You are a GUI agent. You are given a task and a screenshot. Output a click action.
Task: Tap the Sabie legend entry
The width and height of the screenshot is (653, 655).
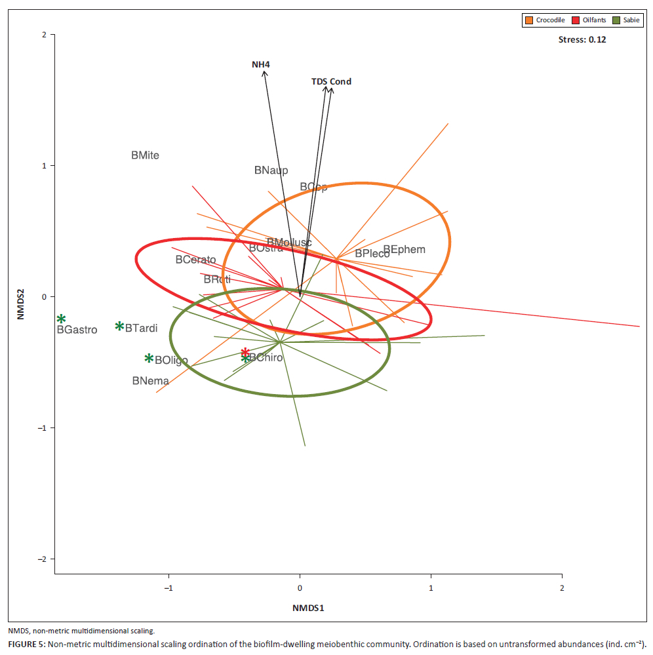[630, 20]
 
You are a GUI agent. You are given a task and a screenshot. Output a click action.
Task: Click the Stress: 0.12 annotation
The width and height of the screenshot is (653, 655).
[582, 40]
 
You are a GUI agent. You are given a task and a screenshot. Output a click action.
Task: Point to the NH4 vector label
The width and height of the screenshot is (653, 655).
[261, 64]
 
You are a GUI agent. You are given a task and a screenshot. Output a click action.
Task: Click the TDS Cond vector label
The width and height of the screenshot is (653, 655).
[331, 82]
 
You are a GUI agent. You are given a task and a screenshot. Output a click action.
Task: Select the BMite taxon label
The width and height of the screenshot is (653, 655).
[145, 156]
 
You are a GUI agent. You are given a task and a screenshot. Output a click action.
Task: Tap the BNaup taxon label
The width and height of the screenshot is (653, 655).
[271, 170]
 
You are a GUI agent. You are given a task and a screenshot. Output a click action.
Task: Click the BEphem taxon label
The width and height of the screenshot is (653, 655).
[404, 250]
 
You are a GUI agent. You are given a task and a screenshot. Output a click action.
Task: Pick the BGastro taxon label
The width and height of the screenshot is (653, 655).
[77, 330]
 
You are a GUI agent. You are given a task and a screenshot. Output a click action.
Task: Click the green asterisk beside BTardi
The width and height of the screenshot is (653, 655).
[119, 326]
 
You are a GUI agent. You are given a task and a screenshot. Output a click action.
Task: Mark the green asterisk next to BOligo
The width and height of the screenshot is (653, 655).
[149, 359]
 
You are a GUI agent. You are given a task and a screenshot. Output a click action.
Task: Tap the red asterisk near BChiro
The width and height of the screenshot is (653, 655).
[245, 352]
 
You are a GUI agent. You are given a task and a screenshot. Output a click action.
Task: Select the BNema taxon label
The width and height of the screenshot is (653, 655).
[150, 381]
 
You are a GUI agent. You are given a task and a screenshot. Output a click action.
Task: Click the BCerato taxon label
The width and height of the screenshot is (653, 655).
[195, 260]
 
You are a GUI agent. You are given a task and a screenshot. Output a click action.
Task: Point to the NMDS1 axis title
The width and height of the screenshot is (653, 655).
[308, 608]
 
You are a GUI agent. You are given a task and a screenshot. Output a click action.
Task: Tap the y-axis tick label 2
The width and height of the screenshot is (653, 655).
[44, 35]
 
